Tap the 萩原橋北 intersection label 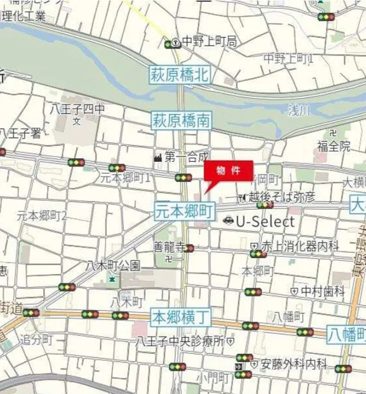179,75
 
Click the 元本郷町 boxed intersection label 185,211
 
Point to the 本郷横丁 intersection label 181,317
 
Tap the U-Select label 265,222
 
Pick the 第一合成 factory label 187,157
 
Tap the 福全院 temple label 334,145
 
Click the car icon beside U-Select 228,222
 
